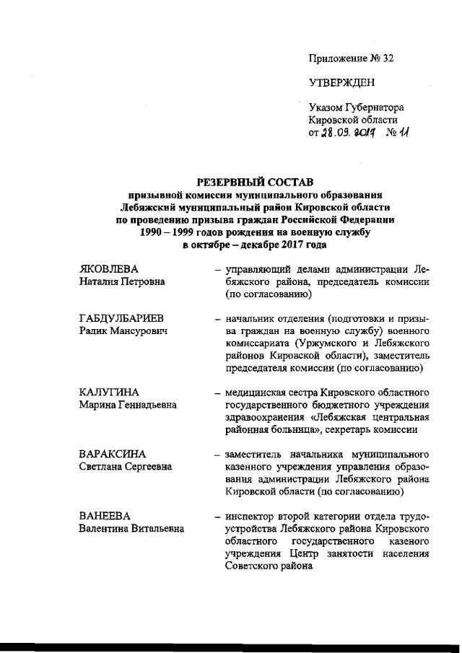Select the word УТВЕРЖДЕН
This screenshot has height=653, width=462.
341,83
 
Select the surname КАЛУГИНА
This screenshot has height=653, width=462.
108,392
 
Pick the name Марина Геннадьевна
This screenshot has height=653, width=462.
128,404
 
